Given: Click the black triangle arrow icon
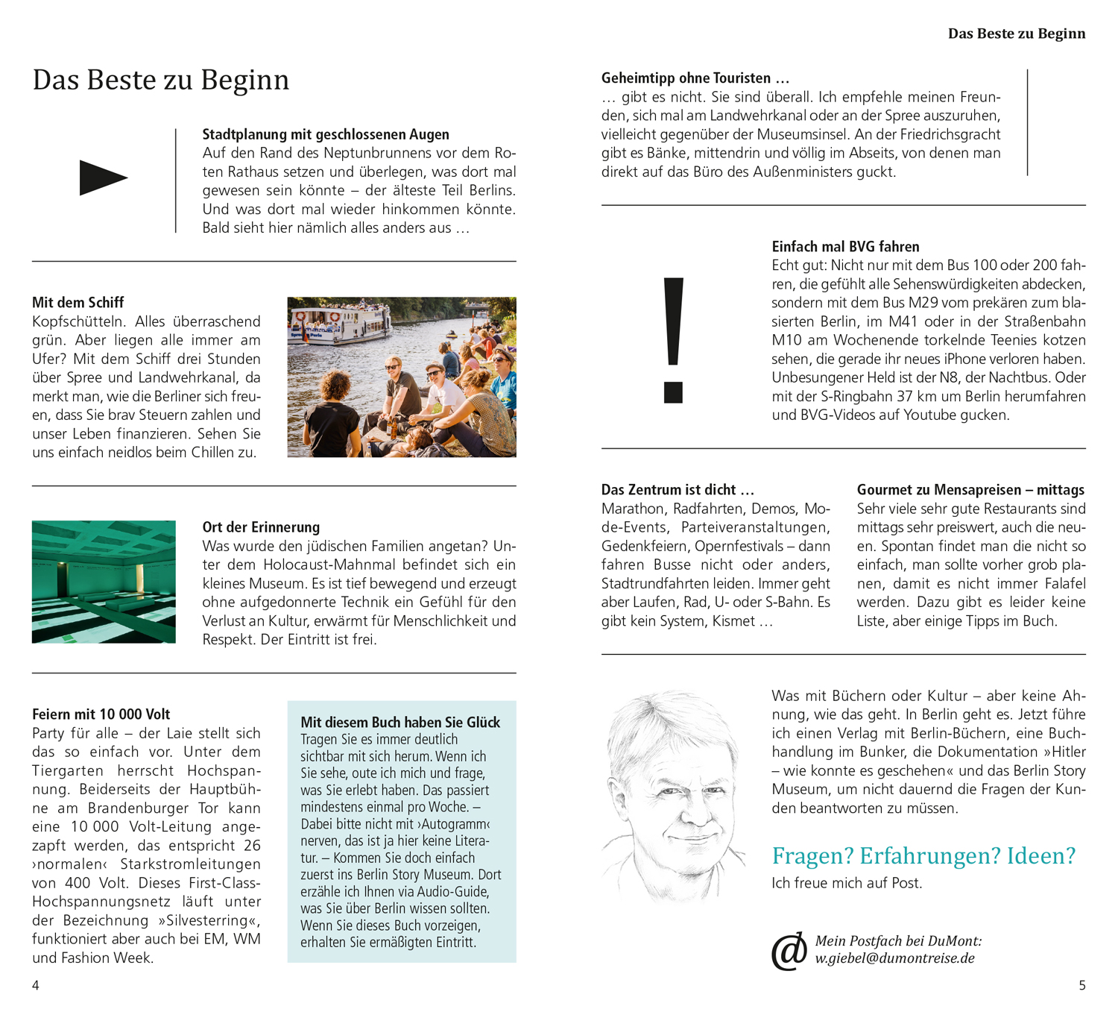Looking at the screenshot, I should (x=102, y=177).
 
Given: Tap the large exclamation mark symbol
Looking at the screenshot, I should (x=673, y=339).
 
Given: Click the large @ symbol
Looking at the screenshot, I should (x=789, y=951).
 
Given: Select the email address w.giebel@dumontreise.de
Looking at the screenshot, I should (x=894, y=958).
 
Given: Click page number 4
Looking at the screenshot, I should (x=35, y=985).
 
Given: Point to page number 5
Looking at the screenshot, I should (x=1082, y=985).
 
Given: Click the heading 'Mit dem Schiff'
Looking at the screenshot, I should (x=78, y=302).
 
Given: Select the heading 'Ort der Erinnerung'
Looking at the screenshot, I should (x=261, y=527).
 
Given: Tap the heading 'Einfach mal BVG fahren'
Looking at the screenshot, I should (x=845, y=246).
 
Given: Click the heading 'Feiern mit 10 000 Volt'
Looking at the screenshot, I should (x=101, y=714).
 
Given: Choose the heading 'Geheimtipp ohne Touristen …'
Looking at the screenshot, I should (x=695, y=78).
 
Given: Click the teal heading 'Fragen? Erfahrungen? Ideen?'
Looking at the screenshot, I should (x=923, y=855).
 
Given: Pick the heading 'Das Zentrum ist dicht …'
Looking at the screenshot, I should (x=678, y=489).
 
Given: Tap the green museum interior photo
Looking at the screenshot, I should (x=104, y=582).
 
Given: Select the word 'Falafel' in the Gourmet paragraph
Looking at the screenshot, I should (x=1061, y=583).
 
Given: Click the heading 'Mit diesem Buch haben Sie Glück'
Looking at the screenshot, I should (x=400, y=722).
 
